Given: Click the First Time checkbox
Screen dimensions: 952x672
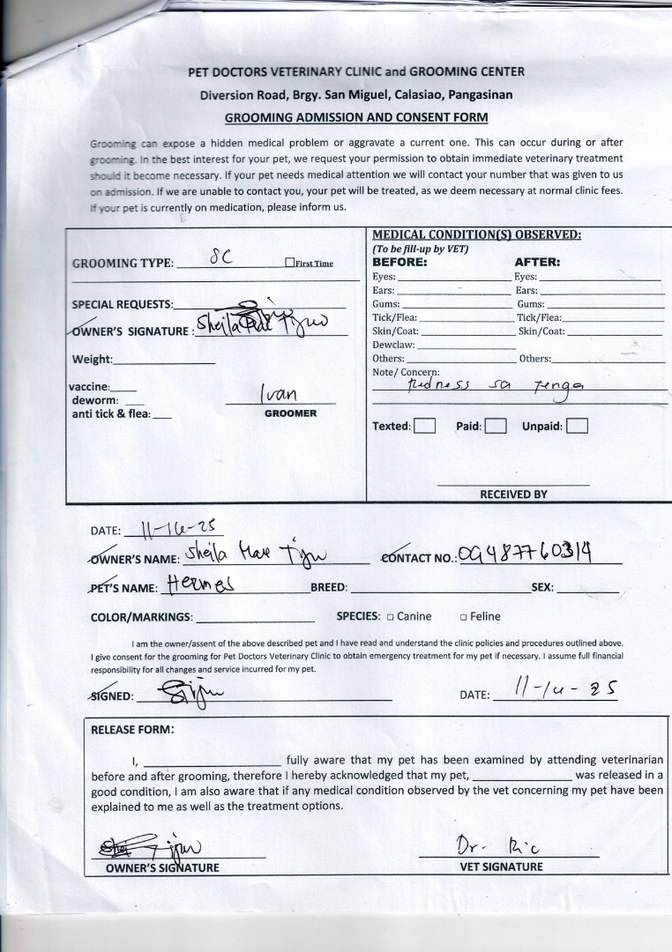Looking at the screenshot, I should pyautogui.click(x=289, y=263).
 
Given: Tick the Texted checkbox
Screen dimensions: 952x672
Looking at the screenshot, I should pyautogui.click(x=425, y=426).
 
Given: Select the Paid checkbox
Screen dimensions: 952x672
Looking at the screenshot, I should pyautogui.click(x=496, y=426).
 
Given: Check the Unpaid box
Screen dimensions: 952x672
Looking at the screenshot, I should pyautogui.click(x=578, y=426).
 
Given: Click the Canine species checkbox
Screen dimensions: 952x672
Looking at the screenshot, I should pyautogui.click(x=389, y=617).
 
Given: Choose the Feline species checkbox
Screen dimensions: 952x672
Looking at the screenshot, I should pyautogui.click(x=463, y=617).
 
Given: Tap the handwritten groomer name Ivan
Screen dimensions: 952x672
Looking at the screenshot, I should pyautogui.click(x=279, y=393).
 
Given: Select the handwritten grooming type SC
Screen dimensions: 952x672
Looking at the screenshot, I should pyautogui.click(x=220, y=259).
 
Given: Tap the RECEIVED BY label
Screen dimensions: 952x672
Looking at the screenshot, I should pyautogui.click(x=513, y=495).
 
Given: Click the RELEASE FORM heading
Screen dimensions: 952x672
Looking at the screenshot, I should pyautogui.click(x=132, y=729).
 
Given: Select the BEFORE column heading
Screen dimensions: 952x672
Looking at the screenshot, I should pyautogui.click(x=399, y=262).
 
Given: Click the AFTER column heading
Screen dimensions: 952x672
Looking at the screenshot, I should pyautogui.click(x=537, y=262).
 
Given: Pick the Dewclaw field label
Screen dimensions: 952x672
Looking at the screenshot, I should pyautogui.click(x=393, y=345).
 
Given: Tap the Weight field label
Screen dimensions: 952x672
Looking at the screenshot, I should pyautogui.click(x=92, y=359).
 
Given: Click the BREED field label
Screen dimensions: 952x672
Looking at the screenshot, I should pyautogui.click(x=329, y=587).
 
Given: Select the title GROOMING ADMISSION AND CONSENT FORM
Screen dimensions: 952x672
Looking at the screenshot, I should pyautogui.click(x=356, y=117).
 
